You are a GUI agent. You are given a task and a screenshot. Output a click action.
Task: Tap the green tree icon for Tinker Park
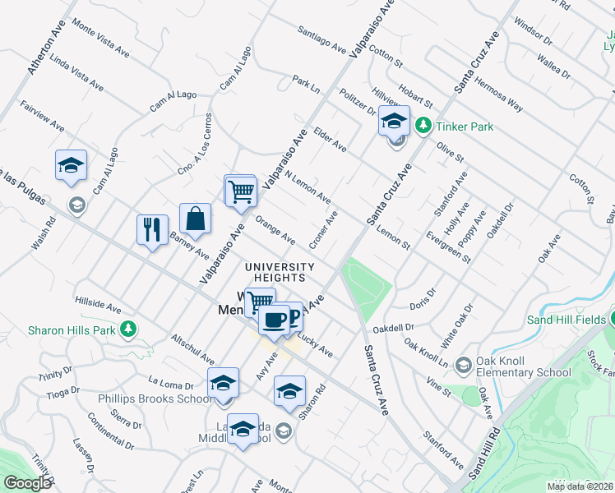(423, 126)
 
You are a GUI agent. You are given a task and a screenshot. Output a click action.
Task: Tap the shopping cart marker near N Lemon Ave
(241, 191)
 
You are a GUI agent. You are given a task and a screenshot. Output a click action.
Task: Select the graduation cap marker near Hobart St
(394, 121)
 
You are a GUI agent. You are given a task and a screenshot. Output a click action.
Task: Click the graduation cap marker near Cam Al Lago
(71, 165)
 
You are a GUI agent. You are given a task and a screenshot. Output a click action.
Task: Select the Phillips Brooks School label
(155, 399)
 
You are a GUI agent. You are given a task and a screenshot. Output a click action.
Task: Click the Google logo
(27, 483)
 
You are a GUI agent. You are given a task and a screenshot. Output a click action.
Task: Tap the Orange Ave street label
(275, 230)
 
